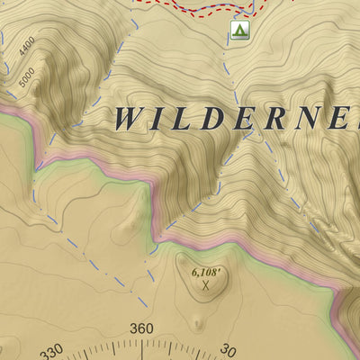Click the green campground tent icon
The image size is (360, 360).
tap(238, 31)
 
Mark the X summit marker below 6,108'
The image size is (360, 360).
tap(206, 285)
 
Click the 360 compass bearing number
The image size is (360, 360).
tap(142, 328)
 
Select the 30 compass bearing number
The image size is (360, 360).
tap(228, 351)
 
